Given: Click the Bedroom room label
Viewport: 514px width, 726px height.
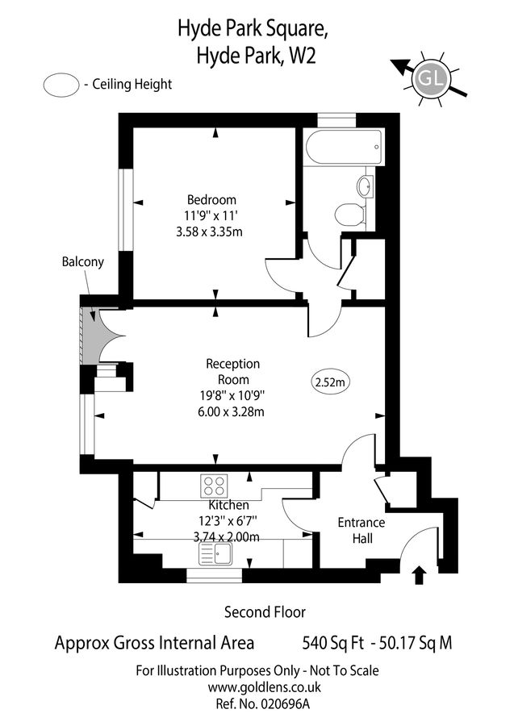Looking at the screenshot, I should (211, 200).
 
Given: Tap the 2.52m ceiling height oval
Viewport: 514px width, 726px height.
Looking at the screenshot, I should (329, 382).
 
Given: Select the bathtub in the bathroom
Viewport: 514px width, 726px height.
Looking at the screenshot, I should (343, 146).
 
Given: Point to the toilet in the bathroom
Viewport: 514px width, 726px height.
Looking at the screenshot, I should (349, 215).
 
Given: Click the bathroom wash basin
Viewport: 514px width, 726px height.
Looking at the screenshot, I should (366, 185).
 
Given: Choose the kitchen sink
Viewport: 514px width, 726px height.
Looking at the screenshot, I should (214, 554).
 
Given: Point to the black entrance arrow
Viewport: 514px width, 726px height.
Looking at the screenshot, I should (419, 574).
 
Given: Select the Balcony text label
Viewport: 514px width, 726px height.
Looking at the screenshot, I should (82, 262).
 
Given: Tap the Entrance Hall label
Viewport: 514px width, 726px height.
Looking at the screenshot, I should (361, 530).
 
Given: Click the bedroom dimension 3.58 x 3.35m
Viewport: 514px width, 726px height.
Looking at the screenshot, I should (209, 232).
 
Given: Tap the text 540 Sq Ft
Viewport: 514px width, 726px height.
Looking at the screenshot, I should (330, 643).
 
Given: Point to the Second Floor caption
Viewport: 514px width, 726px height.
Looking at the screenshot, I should (265, 612).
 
